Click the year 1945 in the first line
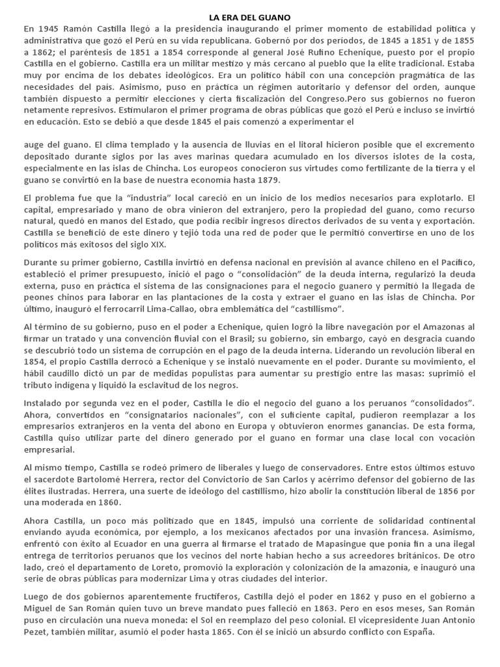coord(50,29)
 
